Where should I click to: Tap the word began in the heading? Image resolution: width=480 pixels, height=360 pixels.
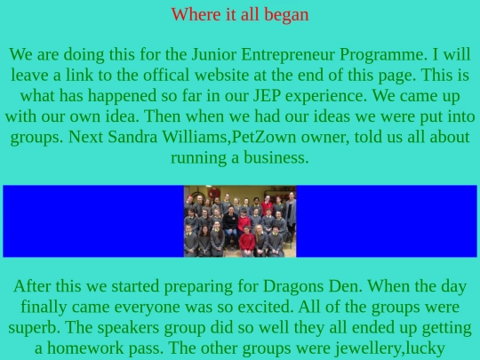tap(285, 14)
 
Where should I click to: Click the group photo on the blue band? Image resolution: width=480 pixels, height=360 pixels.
tap(240, 221)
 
